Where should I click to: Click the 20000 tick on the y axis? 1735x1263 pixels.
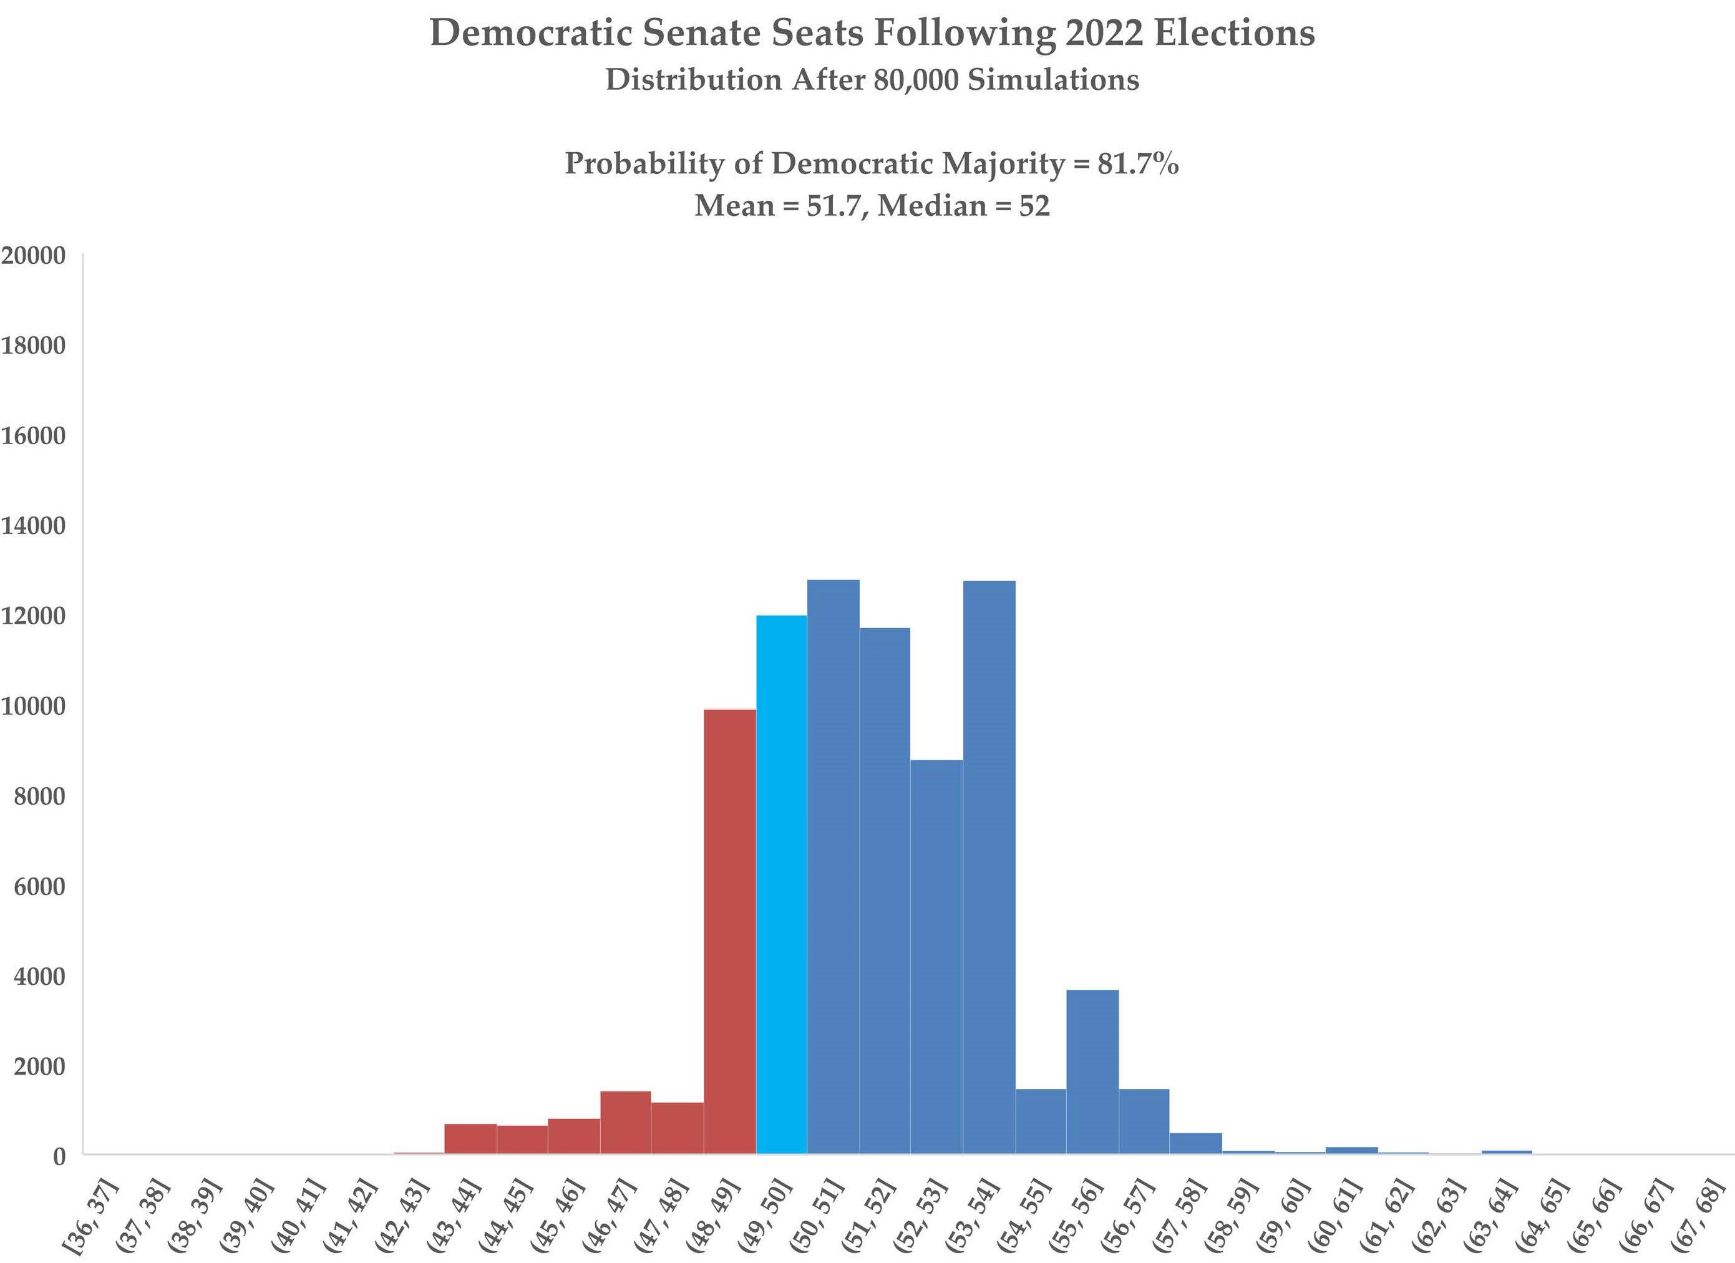[x=34, y=256]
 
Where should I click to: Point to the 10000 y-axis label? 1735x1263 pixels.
[x=34, y=706]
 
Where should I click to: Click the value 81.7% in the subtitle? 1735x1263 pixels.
[x=1139, y=163]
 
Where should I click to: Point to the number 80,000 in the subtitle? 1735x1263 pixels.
[x=915, y=80]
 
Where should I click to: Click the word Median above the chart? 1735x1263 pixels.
[x=932, y=206]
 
